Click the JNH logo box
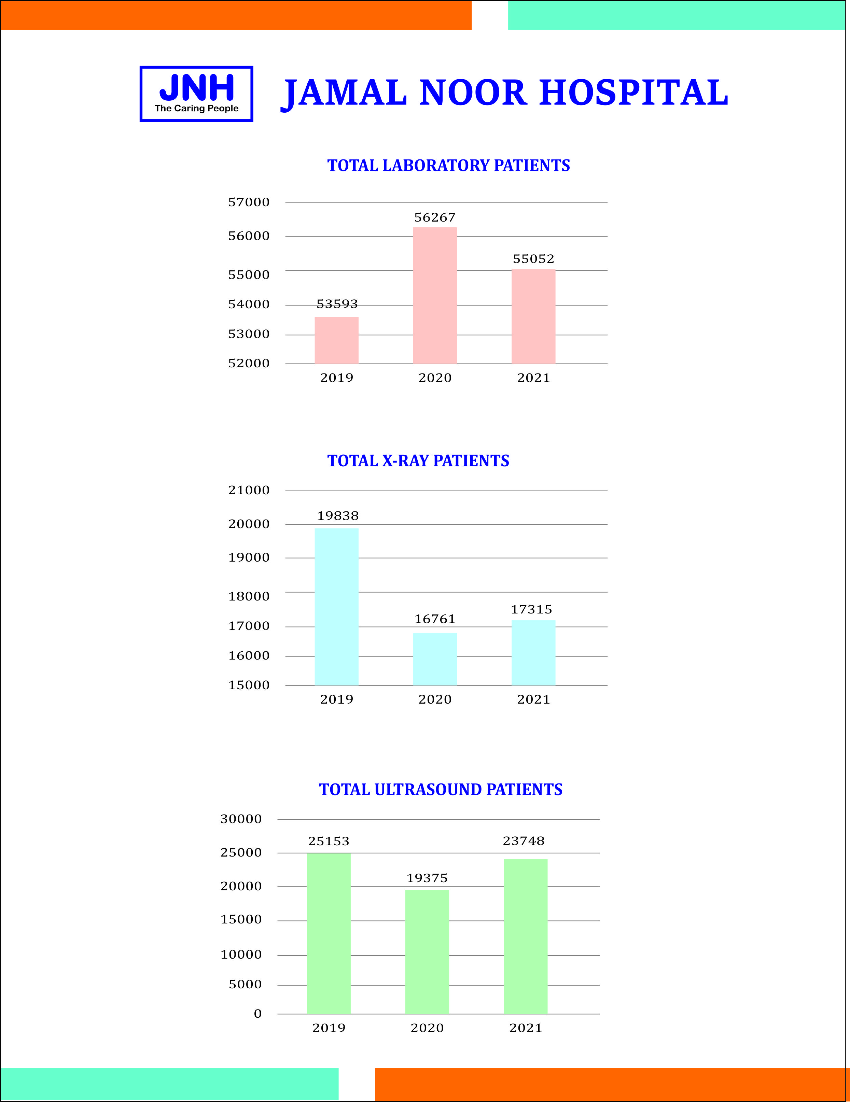[x=196, y=94]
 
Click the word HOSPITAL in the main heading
[x=633, y=93]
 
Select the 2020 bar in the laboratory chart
[x=435, y=295]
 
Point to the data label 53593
[x=337, y=304]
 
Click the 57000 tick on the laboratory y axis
[x=249, y=202]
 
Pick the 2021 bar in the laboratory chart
[x=533, y=316]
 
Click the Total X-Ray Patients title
[x=418, y=461]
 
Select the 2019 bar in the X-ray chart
[x=337, y=607]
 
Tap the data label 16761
[x=435, y=619]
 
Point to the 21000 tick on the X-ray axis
[x=249, y=490]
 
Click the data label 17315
[x=531, y=609]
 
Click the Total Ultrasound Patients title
[x=441, y=789]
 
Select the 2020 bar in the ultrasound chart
[x=427, y=952]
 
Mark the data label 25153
[x=329, y=841]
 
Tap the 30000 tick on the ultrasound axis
[x=241, y=819]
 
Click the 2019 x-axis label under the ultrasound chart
[x=329, y=1028]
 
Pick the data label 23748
[x=524, y=840]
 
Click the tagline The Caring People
[x=196, y=108]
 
